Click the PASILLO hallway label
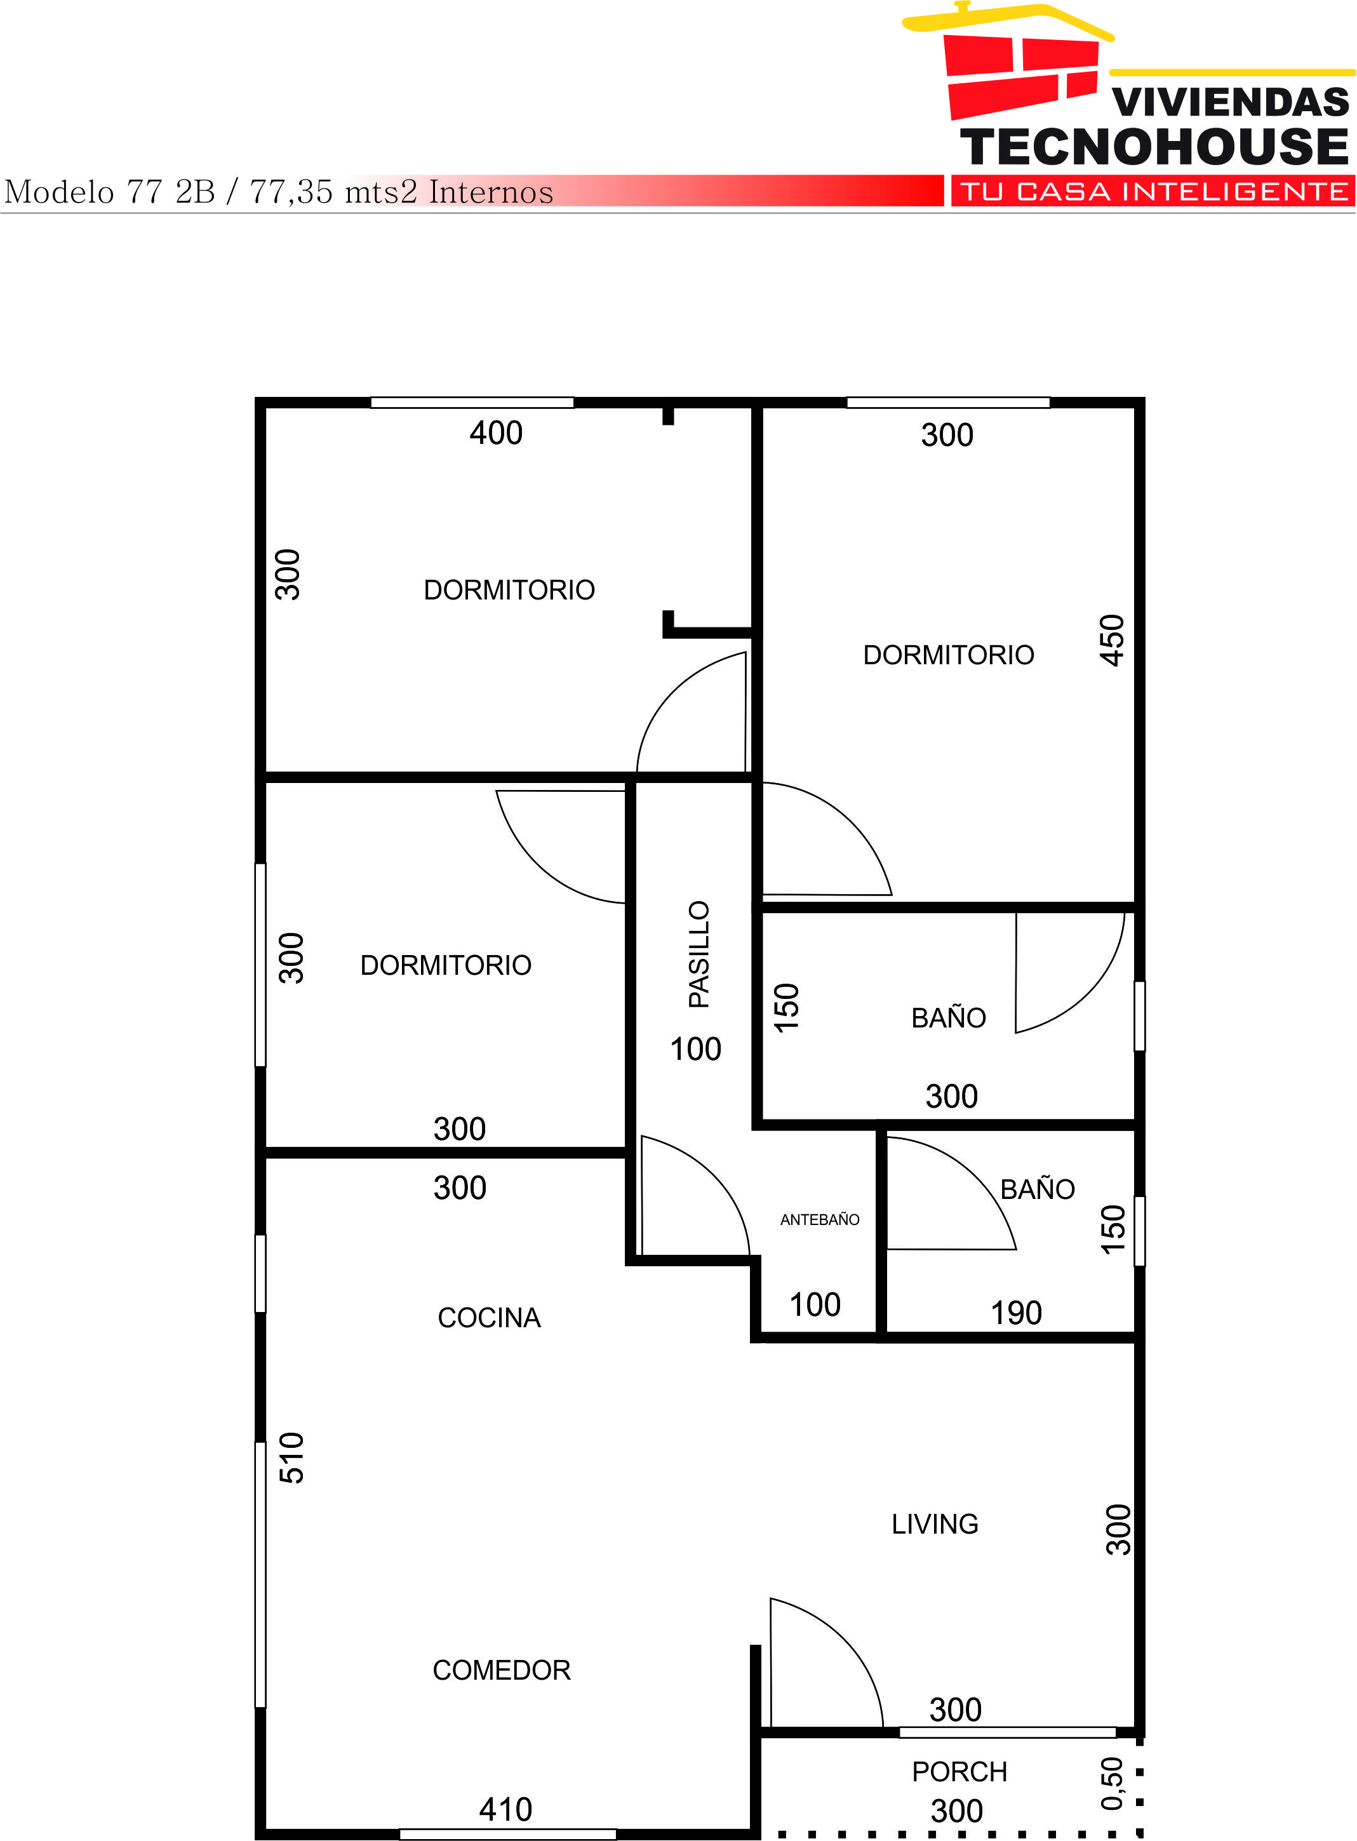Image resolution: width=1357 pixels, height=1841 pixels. point(699,954)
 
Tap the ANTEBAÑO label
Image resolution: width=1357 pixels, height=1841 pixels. point(820,1220)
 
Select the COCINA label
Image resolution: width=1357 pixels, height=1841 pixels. point(489,1318)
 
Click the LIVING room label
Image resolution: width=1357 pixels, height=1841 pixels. point(935,1525)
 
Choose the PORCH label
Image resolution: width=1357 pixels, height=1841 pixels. point(959,1772)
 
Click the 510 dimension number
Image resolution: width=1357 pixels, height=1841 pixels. point(291,1457)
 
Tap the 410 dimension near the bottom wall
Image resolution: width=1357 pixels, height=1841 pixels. point(505,1810)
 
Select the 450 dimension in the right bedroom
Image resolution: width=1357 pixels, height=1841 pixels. point(1111,640)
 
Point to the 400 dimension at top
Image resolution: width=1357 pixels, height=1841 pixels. point(496,433)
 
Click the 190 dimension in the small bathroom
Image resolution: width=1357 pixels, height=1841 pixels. point(1016,1313)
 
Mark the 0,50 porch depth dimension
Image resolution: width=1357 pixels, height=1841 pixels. point(1111,1783)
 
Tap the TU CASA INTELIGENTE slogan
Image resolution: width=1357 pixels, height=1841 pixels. point(1153,191)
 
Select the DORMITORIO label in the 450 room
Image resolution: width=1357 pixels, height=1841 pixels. point(948,655)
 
